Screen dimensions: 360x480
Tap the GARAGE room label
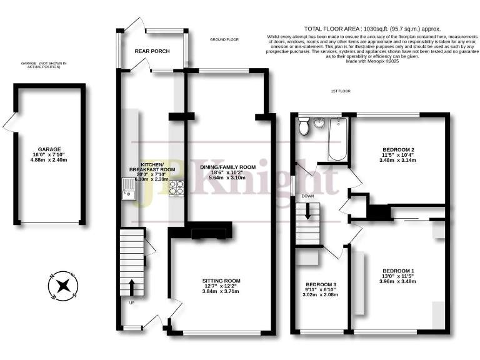coord(49,149)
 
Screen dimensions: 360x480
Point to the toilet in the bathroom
coord(304,127)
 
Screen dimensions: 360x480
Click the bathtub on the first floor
coord(336,138)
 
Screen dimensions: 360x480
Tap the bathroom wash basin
coord(320,122)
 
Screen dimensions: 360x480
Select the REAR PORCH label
coord(149,52)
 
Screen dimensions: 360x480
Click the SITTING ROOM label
coord(221,281)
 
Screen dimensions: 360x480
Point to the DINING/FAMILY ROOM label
coord(227,167)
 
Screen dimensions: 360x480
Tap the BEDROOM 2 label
coord(397,150)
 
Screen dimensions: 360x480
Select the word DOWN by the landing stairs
coord(307,196)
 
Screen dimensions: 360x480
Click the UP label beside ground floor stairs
coord(131,303)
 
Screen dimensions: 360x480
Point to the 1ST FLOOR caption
coord(341,91)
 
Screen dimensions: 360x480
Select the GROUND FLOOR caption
coord(224,39)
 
